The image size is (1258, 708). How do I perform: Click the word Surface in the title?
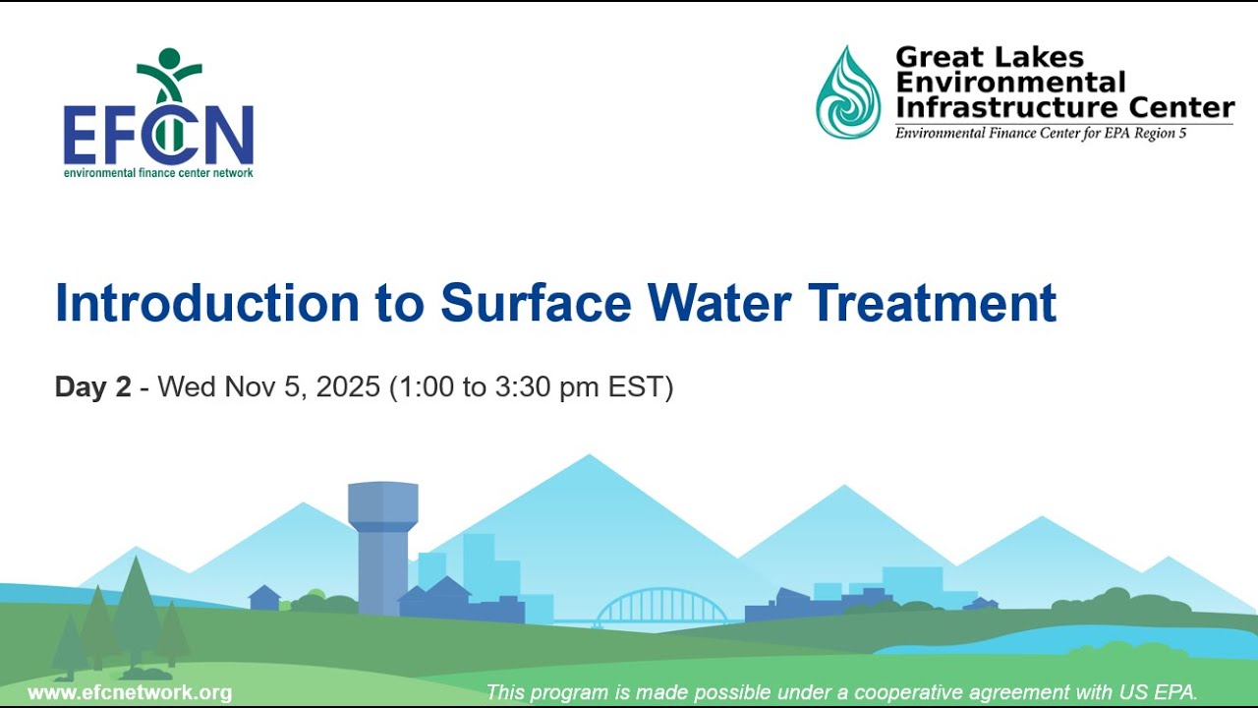point(535,303)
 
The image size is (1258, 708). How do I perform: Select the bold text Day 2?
point(92,387)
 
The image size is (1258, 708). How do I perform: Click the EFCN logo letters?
point(158,136)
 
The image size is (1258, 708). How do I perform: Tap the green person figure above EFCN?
point(169,74)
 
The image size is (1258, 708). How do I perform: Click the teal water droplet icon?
point(848,92)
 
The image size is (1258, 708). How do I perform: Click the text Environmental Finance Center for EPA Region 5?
point(1040,133)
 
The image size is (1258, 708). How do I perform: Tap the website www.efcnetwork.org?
point(130,692)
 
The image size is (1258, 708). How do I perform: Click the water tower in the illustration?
point(382,541)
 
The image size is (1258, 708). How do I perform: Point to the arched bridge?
point(660,607)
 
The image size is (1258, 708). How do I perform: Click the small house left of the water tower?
point(264,597)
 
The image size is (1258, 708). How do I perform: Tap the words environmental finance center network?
point(158,173)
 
